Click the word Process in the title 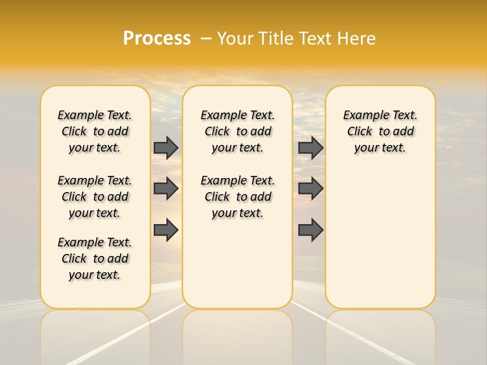(x=157, y=39)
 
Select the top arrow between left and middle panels (x=166, y=148)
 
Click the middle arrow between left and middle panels (x=166, y=189)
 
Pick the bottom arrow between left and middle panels (x=166, y=230)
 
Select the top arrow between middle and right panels (x=310, y=148)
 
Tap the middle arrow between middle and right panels (x=310, y=189)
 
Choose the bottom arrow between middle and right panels (x=310, y=230)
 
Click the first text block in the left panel (x=95, y=131)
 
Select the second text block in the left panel (x=95, y=197)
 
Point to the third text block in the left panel (x=95, y=259)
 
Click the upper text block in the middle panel (x=237, y=131)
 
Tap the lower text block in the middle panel (x=237, y=197)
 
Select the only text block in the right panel (x=380, y=131)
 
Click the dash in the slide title (x=206, y=39)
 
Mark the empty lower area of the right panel (x=380, y=238)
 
